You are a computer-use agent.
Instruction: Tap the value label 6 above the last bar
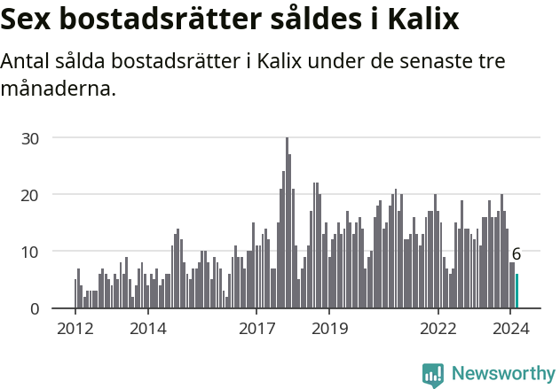coord(517,254)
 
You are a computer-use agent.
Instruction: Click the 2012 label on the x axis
coord(75,328)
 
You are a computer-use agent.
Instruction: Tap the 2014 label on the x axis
coord(147,328)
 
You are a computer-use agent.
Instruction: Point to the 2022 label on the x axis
coord(438,328)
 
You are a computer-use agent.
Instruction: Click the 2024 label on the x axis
coord(510,328)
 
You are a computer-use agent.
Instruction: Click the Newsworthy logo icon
coord(433,375)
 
